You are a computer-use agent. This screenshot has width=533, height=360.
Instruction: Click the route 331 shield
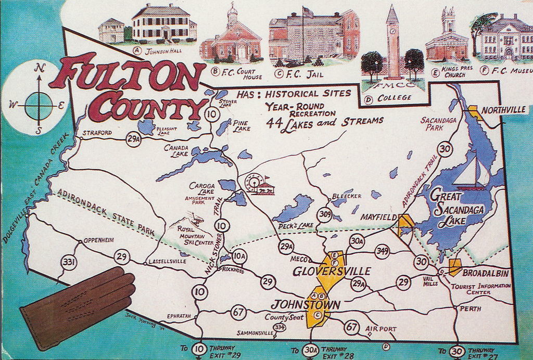(69, 262)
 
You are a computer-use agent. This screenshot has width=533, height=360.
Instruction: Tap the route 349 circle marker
(383, 251)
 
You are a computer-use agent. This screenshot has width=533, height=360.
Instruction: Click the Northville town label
(503, 110)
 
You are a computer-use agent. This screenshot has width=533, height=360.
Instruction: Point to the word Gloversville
(332, 271)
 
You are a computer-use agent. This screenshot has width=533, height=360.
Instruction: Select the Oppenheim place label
(98, 240)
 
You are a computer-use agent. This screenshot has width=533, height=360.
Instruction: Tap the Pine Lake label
(242, 125)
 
